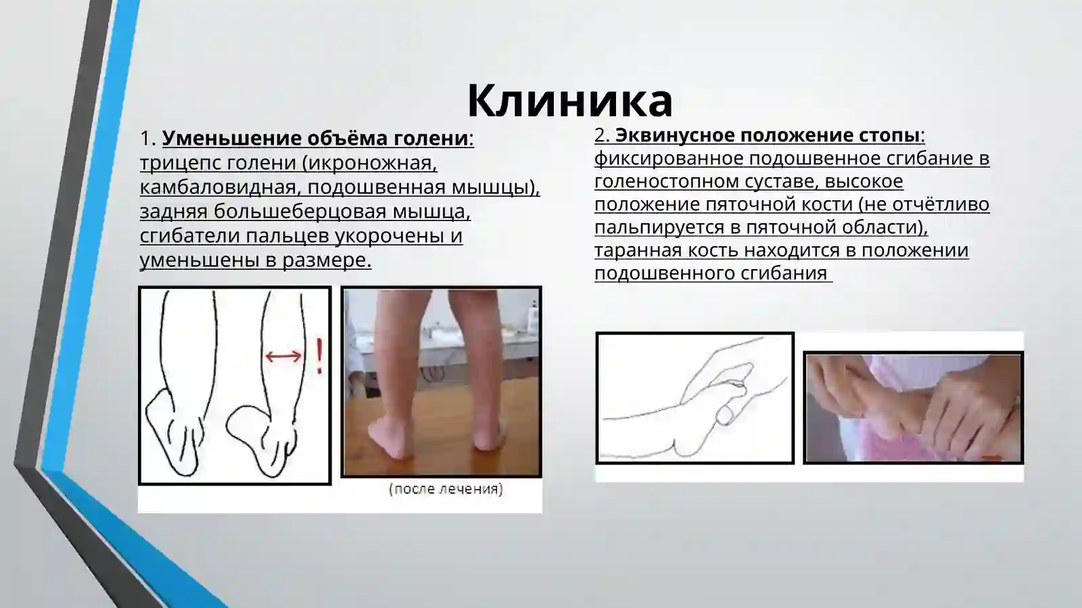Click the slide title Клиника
(569, 101)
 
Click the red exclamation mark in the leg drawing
(319, 356)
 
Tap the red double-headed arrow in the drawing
(283, 356)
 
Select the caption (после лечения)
(446, 489)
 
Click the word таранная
(638, 250)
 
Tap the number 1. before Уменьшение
(147, 139)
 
